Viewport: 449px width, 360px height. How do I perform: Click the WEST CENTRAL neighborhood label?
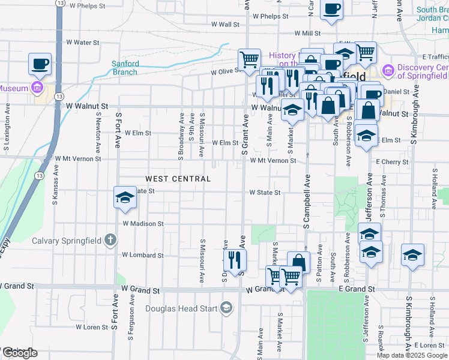coord(177,179)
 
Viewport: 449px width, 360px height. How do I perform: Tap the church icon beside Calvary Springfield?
coord(110,241)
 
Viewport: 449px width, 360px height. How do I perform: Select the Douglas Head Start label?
coord(184,310)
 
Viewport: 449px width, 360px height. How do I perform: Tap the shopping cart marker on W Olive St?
coord(249,59)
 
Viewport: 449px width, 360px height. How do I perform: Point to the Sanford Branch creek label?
coord(125,68)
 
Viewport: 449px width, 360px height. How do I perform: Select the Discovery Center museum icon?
coord(387,71)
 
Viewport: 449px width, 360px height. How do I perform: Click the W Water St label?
coord(82,43)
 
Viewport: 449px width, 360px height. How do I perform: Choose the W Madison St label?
coord(143,223)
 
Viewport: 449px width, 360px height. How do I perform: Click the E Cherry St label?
coord(392,162)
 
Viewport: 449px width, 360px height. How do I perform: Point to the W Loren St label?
coord(91,327)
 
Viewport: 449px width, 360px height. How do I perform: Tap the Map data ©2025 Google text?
coord(411,355)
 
